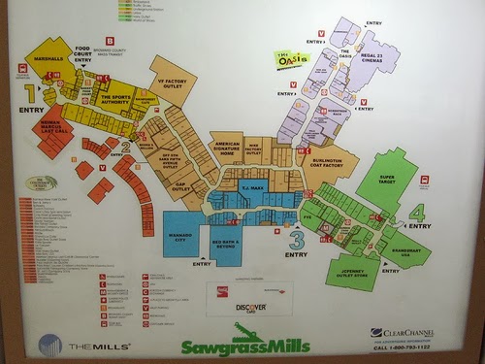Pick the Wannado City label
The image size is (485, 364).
[180, 234]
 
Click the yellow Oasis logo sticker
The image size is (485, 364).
[291, 58]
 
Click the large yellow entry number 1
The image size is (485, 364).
[30, 94]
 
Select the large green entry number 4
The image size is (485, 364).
[417, 213]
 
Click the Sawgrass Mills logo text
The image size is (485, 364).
[245, 346]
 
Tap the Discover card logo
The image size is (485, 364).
[249, 308]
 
